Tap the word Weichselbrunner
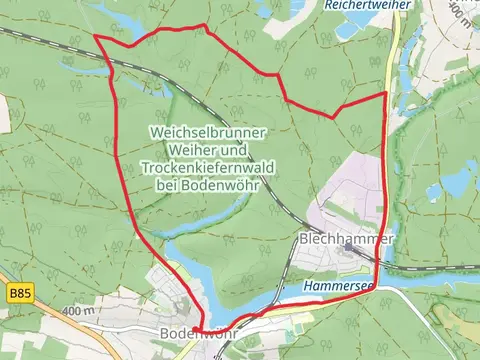207,131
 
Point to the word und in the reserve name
232,150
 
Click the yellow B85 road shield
17,293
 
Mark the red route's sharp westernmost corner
96,37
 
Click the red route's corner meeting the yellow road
385,94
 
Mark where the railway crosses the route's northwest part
116,63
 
